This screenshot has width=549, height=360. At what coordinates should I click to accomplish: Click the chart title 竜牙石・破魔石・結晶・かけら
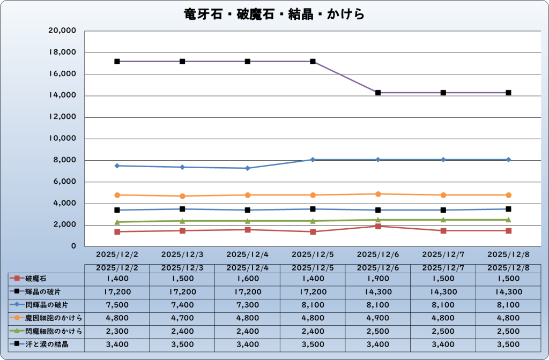tap(274, 14)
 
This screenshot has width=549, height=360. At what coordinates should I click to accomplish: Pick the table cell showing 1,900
tap(378, 279)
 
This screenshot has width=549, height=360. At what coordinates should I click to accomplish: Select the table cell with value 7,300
tap(247, 305)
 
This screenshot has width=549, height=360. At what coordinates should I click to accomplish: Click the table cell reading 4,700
tap(182, 318)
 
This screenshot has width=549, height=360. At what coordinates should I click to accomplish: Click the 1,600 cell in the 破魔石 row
tap(247, 279)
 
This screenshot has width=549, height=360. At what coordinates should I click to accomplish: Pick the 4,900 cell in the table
tap(378, 318)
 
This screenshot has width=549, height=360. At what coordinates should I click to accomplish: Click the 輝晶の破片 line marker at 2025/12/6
tap(378, 93)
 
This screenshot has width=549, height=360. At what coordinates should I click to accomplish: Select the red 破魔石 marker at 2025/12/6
tap(378, 226)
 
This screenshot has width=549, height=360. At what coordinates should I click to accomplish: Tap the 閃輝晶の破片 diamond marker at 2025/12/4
tap(247, 168)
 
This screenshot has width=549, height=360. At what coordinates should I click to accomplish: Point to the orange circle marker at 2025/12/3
tap(182, 196)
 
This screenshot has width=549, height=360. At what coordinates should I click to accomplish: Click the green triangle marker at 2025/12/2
tap(117, 222)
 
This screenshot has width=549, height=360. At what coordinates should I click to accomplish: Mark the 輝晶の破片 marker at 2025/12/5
tap(313, 62)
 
